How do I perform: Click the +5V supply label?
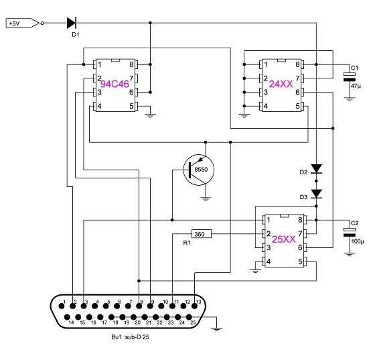pyautogui.click(x=22, y=23)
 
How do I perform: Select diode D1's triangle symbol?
pyautogui.click(x=72, y=23)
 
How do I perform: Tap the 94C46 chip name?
pyautogui.click(x=115, y=84)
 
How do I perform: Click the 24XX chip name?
pyautogui.click(x=281, y=84)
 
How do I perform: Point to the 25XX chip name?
pyautogui.click(x=284, y=239)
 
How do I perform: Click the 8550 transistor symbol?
pyautogui.click(x=199, y=170)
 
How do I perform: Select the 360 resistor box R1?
pyautogui.click(x=202, y=234)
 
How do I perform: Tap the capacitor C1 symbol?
pyautogui.click(x=349, y=77)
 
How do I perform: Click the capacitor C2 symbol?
pyautogui.click(x=349, y=233)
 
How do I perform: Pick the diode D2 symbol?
pyautogui.click(x=316, y=169)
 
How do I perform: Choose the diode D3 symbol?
pyautogui.click(x=316, y=194)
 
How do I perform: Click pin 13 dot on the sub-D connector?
pyautogui.click(x=194, y=306)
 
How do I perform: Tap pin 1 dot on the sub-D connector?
pyautogui.click(x=62, y=306)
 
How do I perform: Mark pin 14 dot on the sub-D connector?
pyautogui.click(x=67, y=317)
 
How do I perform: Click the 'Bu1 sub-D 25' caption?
pyautogui.click(x=130, y=337)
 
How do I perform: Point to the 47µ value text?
pyautogui.click(x=356, y=86)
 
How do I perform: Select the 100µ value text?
pyautogui.click(x=358, y=241)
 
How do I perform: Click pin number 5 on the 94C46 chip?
pyautogui.click(x=131, y=106)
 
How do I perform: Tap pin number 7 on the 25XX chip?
pyautogui.click(x=300, y=234)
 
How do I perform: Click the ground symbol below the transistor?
pyautogui.click(x=206, y=198)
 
